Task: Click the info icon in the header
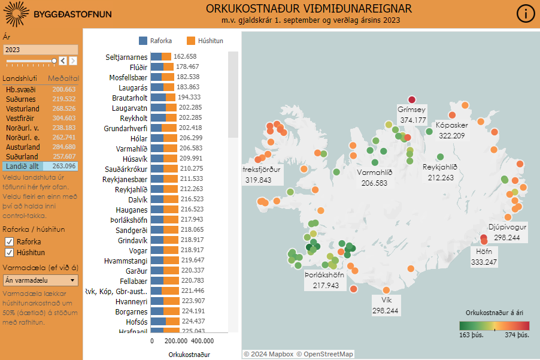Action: [x=525, y=14]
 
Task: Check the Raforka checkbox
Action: [x=10, y=241]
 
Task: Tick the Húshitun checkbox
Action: [x=10, y=252]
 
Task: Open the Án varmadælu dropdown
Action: [x=41, y=280]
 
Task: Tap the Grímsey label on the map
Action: [x=412, y=110]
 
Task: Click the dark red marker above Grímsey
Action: [x=411, y=100]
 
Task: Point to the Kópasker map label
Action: [x=452, y=125]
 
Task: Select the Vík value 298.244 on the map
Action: [x=386, y=311]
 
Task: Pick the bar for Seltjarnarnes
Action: [x=160, y=56]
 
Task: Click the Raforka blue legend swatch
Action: [x=143, y=41]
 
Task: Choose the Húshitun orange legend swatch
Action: [x=191, y=41]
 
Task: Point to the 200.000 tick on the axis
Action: [x=176, y=340]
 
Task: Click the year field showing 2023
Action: [x=40, y=50]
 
